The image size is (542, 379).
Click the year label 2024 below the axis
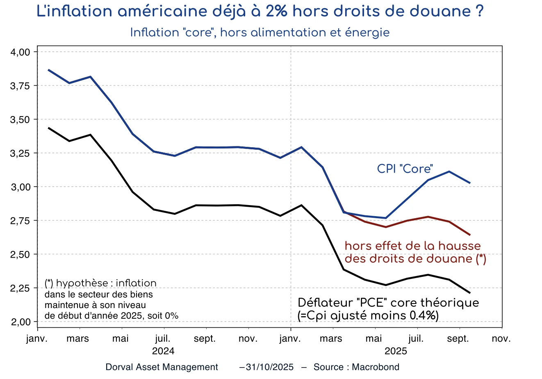pyautogui.click(x=163, y=351)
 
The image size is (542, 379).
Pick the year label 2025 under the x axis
pyautogui.click(x=396, y=351)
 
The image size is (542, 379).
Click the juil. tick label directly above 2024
pyautogui.click(x=163, y=339)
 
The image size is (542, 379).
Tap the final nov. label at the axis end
pyautogui.click(x=501, y=339)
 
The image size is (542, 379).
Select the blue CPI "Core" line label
pyautogui.click(x=405, y=169)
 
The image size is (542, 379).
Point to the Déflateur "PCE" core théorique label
pyautogui.click(x=388, y=303)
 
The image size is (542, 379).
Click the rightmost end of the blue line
pyautogui.click(x=470, y=183)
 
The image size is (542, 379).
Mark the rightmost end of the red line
pyautogui.click(x=470, y=235)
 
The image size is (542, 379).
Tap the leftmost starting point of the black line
pyautogui.click(x=48, y=128)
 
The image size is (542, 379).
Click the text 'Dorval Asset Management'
pyautogui.click(x=162, y=367)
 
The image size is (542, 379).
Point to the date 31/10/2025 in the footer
pyautogui.click(x=269, y=367)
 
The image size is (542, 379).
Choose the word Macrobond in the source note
pyautogui.click(x=375, y=367)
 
